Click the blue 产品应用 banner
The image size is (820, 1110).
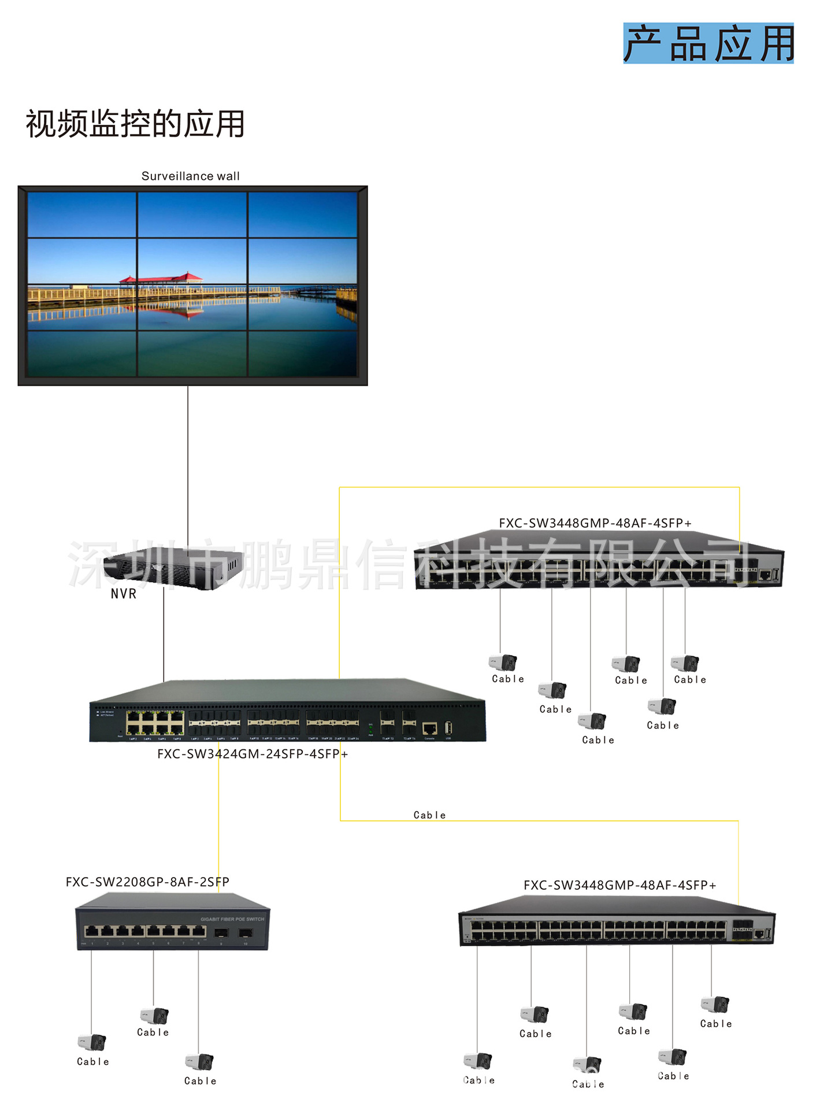pyautogui.click(x=708, y=43)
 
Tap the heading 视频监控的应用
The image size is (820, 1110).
pyautogui.click(x=135, y=124)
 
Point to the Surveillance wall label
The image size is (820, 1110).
pyautogui.click(x=190, y=176)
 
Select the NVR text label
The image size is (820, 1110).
pyautogui.click(x=124, y=594)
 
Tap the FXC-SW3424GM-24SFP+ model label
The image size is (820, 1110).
pyautogui.click(x=253, y=754)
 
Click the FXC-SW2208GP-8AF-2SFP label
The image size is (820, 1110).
pyautogui.click(x=147, y=882)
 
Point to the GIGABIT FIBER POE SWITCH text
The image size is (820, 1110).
pyautogui.click(x=232, y=919)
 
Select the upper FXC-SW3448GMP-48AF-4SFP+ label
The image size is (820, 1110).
pyautogui.click(x=595, y=523)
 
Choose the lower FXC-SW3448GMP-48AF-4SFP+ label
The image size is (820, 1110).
pyautogui.click(x=619, y=885)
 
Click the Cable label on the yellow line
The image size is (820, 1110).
pyautogui.click(x=429, y=815)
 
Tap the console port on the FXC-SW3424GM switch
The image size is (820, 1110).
pyautogui.click(x=429, y=728)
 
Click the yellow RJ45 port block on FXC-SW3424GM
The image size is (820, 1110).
pyautogui.click(x=155, y=723)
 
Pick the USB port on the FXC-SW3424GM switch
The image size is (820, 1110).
pyautogui.click(x=448, y=728)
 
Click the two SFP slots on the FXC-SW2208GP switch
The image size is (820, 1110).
pyautogui.click(x=233, y=933)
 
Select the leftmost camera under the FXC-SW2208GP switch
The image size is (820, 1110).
pyautogui.click(x=92, y=1042)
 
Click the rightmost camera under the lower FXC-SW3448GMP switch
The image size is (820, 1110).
pyautogui.click(x=715, y=1004)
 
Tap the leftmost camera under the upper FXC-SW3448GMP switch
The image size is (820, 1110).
pyautogui.click(x=503, y=663)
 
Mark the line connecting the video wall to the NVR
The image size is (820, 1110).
pyautogui.click(x=188, y=462)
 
